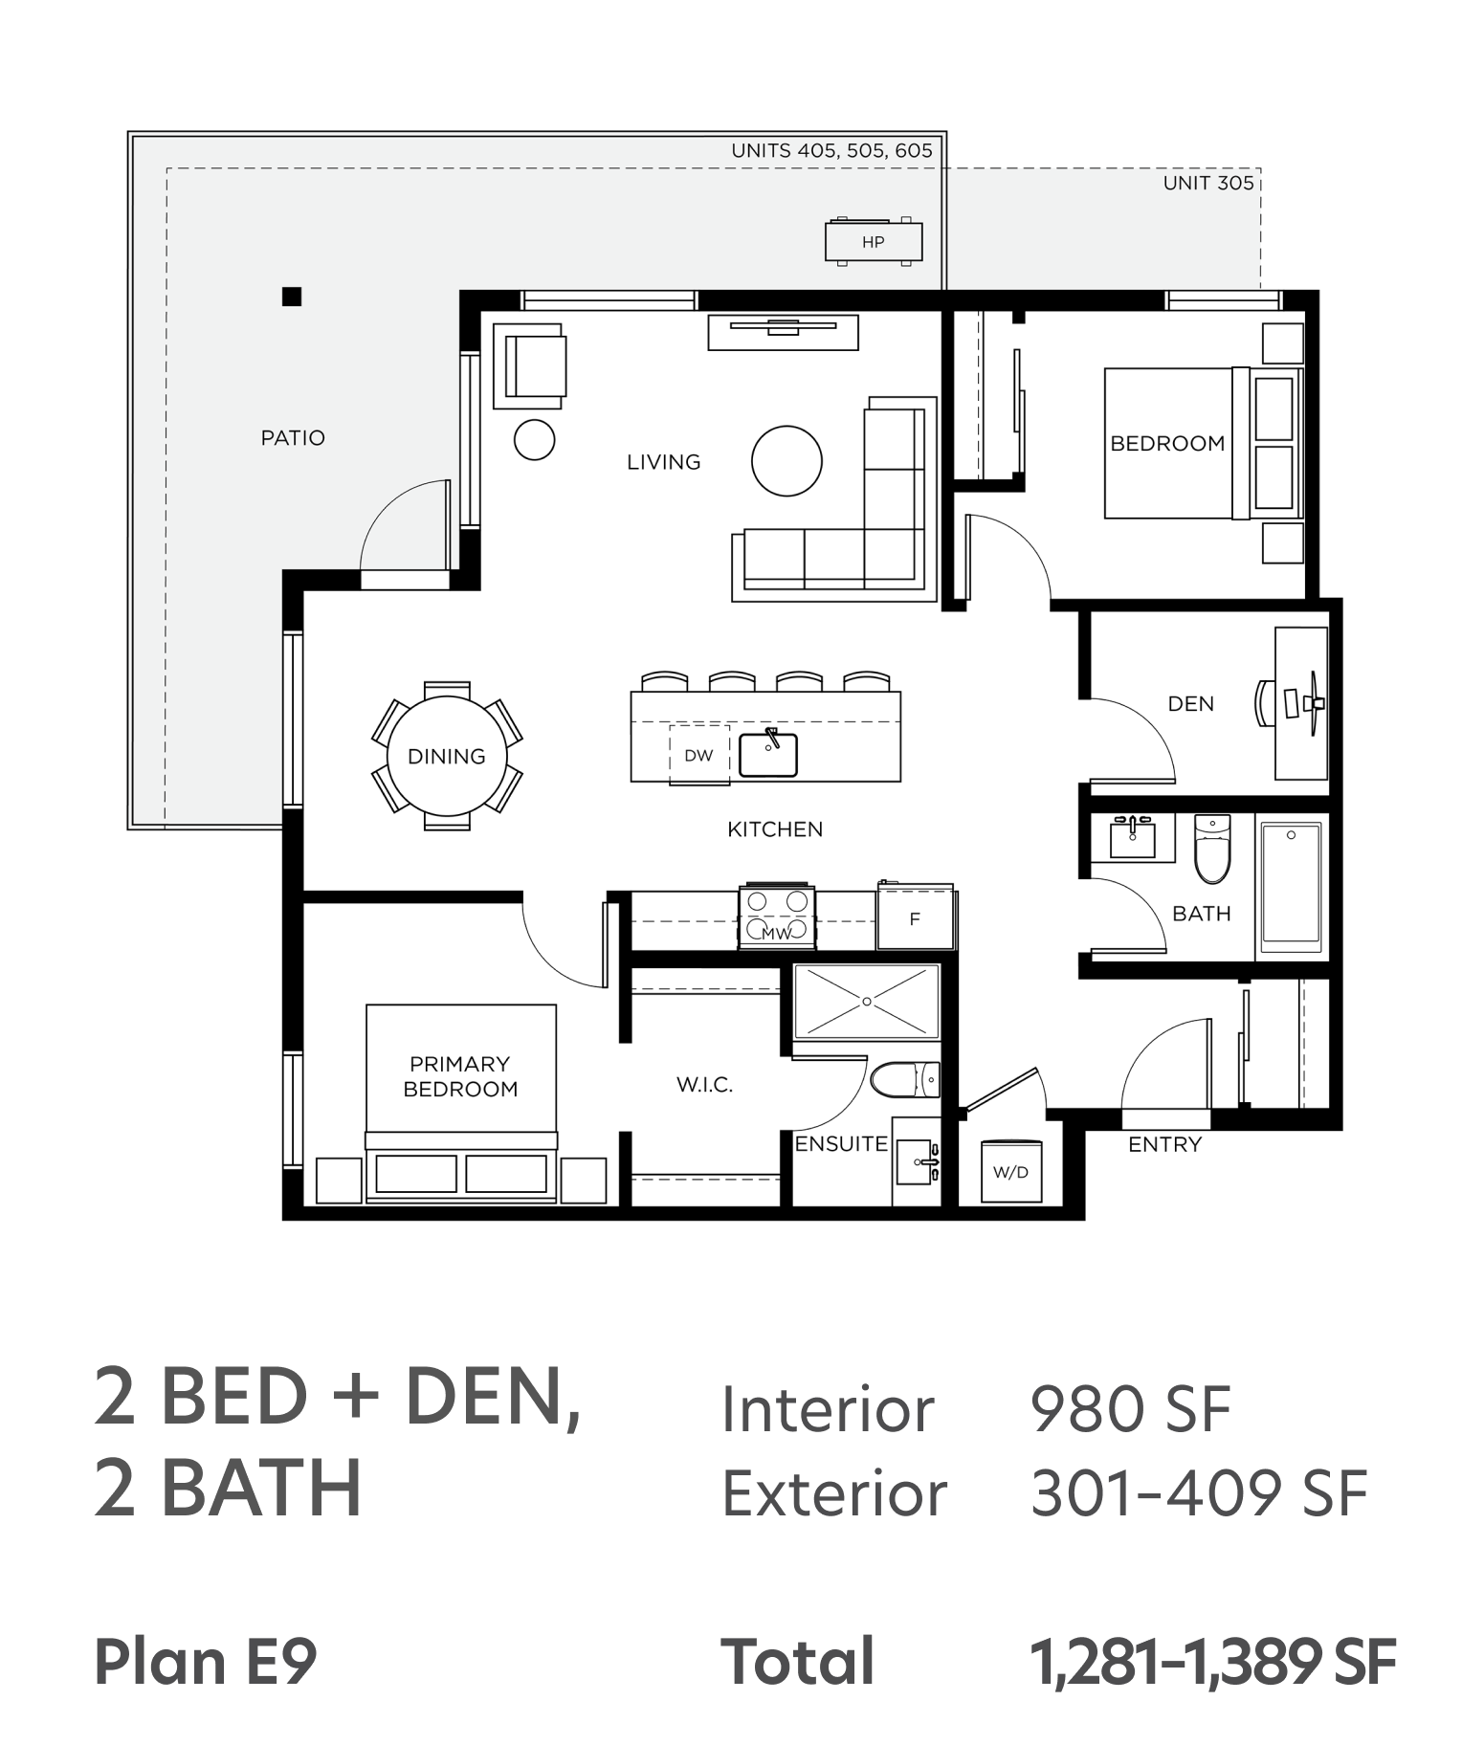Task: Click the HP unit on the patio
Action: pos(874,242)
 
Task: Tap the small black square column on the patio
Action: pos(292,297)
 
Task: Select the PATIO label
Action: pos(293,438)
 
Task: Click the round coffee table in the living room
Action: pos(786,461)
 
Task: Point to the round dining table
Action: pos(447,756)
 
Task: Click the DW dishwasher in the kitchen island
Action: pos(699,755)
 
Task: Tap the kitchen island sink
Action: pos(768,754)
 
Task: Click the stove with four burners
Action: pos(777,917)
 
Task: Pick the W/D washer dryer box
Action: pos(1011,1172)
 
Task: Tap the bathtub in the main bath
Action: pos(1292,886)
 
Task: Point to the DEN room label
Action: pos(1191,704)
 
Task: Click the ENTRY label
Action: pos(1164,1144)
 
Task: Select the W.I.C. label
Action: pos(705,1085)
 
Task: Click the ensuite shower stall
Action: pos(867,1001)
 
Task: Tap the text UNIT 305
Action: pos(1208,183)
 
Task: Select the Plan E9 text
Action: pos(206,1662)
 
